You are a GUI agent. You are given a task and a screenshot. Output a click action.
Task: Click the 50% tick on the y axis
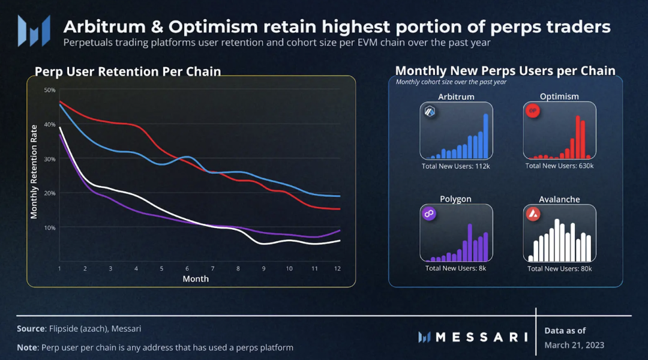(50, 90)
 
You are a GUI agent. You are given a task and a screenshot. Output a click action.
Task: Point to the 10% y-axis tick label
(50, 228)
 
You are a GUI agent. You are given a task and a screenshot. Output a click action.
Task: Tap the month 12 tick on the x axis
(338, 269)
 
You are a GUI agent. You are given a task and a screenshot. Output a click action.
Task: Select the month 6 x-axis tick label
(187, 269)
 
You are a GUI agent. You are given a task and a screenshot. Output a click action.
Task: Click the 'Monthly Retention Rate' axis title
(34, 172)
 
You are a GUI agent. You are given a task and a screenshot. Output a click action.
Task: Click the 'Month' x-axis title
(196, 279)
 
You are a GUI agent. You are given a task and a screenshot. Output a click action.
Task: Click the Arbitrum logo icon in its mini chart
(430, 112)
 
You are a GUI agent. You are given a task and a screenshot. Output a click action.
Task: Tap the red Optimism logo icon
(533, 111)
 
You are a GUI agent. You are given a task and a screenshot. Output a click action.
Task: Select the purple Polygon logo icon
(429, 214)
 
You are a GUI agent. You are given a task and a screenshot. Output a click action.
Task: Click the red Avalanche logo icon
(533, 214)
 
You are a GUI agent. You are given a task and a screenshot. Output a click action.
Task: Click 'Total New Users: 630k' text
(560, 166)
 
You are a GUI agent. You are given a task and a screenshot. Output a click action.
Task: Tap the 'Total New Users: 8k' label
(456, 268)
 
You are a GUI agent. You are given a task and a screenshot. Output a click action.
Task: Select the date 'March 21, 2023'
(574, 345)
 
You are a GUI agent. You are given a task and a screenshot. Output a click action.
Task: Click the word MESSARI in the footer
(481, 337)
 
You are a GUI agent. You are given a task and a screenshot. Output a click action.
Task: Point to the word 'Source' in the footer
(30, 329)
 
